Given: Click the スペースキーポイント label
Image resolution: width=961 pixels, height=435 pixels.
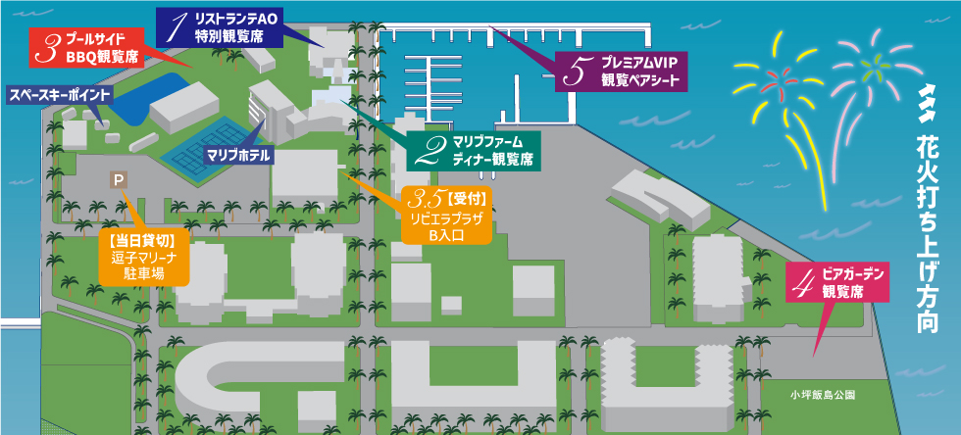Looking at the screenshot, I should (60, 95).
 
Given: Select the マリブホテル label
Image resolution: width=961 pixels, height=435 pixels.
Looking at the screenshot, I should (238, 155).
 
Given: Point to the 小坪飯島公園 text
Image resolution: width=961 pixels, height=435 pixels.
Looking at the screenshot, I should (822, 396).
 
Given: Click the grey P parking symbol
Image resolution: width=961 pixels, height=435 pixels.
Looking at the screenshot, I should (119, 180).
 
